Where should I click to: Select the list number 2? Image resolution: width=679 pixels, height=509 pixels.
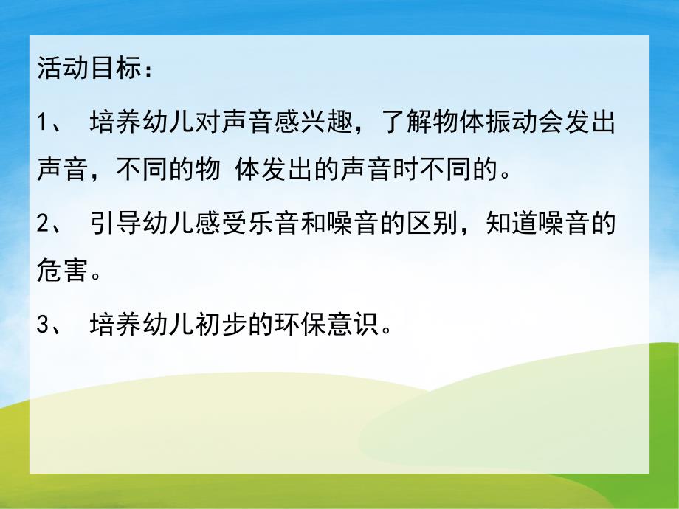point(42,222)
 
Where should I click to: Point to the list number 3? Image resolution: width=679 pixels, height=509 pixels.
point(42,324)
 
